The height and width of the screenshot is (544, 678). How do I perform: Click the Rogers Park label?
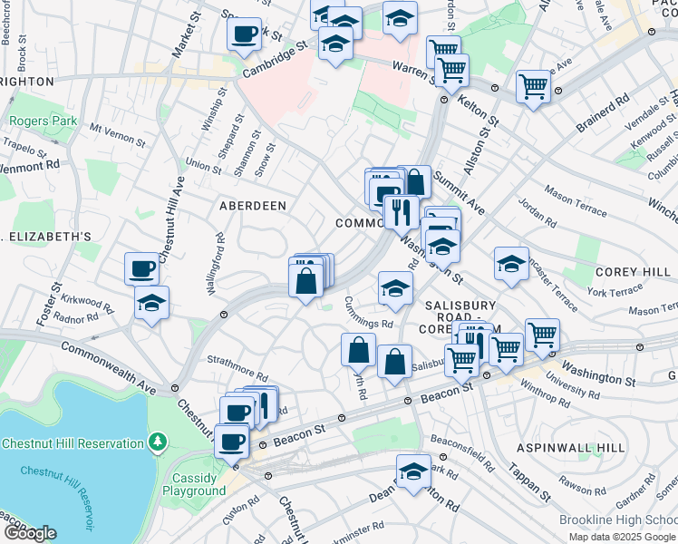point(33,121)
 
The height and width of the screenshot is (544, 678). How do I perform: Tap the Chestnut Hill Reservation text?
point(73,443)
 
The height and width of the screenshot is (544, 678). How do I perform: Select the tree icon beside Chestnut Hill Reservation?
point(159,442)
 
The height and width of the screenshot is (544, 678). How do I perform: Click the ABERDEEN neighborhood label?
point(253,206)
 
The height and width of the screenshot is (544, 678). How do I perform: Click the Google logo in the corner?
point(29,533)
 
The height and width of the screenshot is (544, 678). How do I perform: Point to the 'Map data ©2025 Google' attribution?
point(622,537)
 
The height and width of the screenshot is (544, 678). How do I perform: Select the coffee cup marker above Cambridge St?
point(244,35)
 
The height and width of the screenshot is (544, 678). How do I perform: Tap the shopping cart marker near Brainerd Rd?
point(534,87)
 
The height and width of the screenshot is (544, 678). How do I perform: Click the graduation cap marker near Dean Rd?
point(413,471)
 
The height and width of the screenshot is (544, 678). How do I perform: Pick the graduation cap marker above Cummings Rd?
point(394,288)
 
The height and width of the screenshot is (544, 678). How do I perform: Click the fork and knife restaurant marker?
point(399,213)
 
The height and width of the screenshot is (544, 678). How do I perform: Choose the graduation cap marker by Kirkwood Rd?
point(151,303)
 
